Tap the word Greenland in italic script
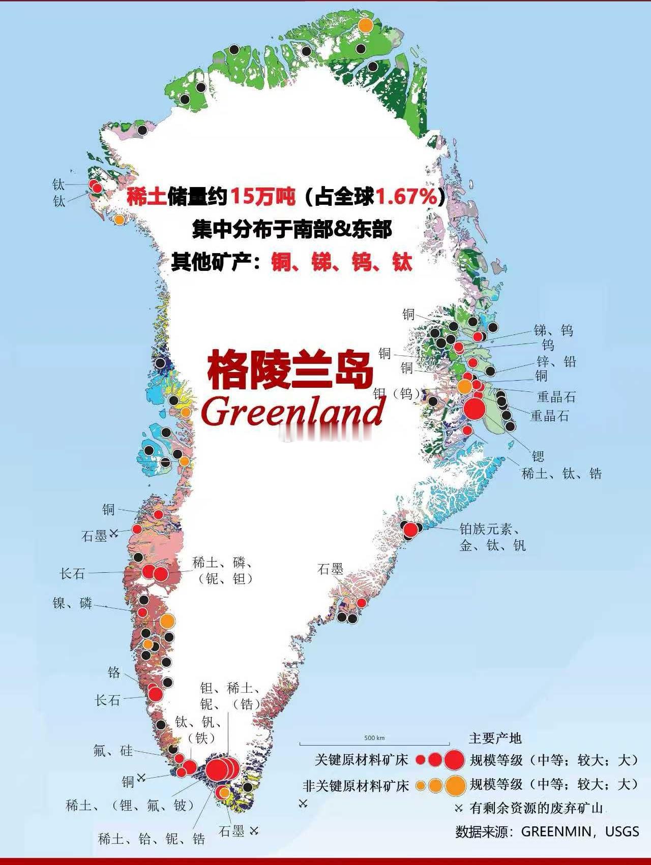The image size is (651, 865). (x=293, y=412)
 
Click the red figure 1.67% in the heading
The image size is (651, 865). (x=406, y=196)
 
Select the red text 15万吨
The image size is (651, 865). (x=263, y=196)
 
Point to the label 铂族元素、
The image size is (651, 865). (x=489, y=529)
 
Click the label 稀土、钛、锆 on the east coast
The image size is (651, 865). (x=561, y=474)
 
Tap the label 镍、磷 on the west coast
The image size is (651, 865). (x=72, y=603)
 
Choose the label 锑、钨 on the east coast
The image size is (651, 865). (x=553, y=330)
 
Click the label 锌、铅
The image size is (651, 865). (x=556, y=362)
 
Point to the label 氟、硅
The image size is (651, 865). (x=113, y=750)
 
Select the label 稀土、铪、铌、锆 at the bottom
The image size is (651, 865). (x=152, y=839)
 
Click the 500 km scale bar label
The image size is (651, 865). (x=374, y=738)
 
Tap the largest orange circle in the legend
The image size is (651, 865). (x=455, y=785)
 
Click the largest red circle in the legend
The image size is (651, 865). (x=454, y=760)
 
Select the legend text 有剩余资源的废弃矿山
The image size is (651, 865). (x=536, y=808)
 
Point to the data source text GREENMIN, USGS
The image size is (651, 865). (x=580, y=832)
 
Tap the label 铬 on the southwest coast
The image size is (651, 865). (x=114, y=672)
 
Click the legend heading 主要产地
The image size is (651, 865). (x=495, y=738)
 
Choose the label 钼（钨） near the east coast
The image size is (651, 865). (x=397, y=393)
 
